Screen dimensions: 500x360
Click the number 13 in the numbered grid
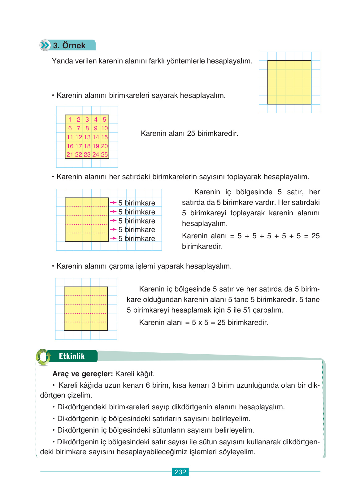pyautogui.click(x=87, y=137)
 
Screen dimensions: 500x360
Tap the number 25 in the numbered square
pyautogui.click(x=104, y=154)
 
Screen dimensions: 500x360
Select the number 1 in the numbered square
pyautogui.click(x=70, y=119)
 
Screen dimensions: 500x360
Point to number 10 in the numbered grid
pyautogui.click(x=104, y=128)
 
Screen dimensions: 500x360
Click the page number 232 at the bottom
pyautogui.click(x=180, y=472)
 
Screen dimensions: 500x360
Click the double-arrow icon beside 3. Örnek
pyautogui.click(x=45, y=45)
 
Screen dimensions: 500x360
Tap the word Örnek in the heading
pyautogui.click(x=74, y=45)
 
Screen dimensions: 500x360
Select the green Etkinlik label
pyautogui.click(x=72, y=356)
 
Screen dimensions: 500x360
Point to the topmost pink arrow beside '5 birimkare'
pyautogui.click(x=113, y=203)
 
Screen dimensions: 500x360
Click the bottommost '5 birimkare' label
pyautogui.click(x=137, y=239)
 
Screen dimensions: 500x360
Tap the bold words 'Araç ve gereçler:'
pyautogui.click(x=83, y=374)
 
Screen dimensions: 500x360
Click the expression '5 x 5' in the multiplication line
pyautogui.click(x=200, y=322)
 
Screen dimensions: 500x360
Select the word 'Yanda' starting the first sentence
pyautogui.click(x=61, y=61)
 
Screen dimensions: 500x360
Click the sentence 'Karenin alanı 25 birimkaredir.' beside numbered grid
pyautogui.click(x=189, y=133)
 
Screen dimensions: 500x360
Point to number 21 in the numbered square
pyautogui.click(x=70, y=154)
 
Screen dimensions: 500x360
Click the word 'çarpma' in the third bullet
pyautogui.click(x=121, y=266)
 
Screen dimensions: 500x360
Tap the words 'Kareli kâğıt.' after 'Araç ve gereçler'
pyautogui.click(x=135, y=374)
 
